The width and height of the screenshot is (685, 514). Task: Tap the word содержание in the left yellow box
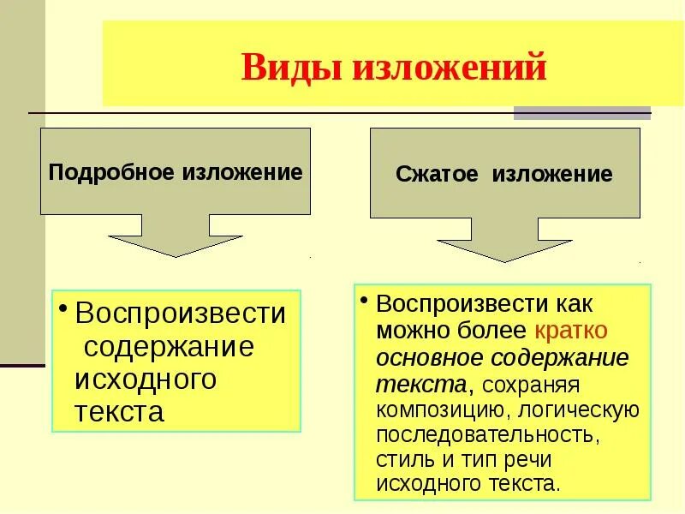point(169,347)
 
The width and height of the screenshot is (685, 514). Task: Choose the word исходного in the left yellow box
point(145,379)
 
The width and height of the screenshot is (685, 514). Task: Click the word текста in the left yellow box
point(119,412)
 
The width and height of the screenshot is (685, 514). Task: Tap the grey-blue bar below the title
point(581,112)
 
